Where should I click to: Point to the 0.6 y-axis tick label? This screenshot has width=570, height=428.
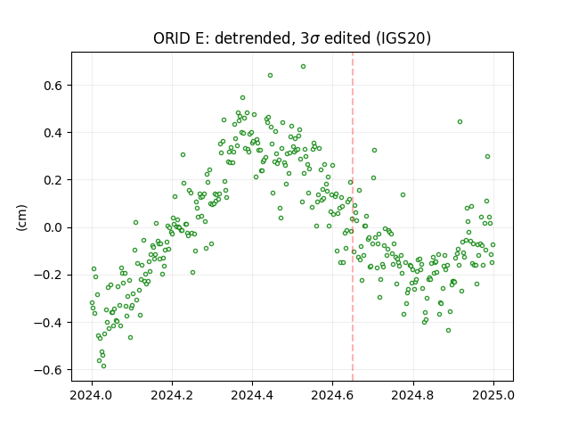point(53,86)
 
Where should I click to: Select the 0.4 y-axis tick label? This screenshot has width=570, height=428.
point(53,133)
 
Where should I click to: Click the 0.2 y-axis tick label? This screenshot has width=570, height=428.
point(53,180)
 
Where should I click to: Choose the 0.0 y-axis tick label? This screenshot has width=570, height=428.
point(53,227)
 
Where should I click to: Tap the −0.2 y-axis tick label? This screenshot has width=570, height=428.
point(48,275)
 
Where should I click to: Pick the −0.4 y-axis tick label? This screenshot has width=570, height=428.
point(48,323)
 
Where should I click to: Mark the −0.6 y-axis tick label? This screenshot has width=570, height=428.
point(48,370)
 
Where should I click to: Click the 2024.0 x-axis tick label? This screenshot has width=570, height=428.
point(92,395)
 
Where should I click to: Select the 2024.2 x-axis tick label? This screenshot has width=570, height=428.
point(172,395)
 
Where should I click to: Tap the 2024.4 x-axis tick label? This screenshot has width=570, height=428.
point(252,395)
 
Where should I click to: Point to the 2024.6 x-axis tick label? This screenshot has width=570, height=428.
point(332,395)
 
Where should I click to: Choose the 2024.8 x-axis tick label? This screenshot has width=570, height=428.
point(413,395)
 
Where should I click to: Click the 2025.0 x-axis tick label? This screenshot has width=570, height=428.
point(493,395)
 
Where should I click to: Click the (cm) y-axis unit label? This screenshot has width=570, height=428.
point(21,217)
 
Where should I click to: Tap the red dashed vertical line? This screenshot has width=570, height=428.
point(353,217)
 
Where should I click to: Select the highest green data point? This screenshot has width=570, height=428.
point(303,67)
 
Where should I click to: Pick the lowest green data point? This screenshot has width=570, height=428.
point(103,366)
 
